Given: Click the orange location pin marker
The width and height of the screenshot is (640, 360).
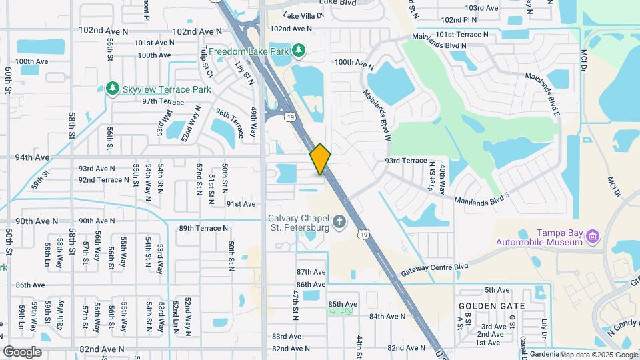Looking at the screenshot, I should (x=320, y=159).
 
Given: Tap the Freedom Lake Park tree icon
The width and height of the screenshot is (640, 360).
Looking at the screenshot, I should (x=300, y=51).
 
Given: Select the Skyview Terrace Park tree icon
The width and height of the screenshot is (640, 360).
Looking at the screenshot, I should (x=113, y=89).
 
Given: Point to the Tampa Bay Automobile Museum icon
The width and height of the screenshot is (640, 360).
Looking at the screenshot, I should (x=591, y=235).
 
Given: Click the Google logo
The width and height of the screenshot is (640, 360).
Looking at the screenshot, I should (x=21, y=352).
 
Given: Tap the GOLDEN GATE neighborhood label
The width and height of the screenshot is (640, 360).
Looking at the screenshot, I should (x=492, y=306).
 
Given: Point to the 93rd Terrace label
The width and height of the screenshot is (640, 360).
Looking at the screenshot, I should (x=405, y=161).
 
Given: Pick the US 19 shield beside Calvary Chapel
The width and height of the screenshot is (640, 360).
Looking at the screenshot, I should (x=361, y=233).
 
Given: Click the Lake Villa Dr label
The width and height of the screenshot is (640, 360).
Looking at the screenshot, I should (x=303, y=14).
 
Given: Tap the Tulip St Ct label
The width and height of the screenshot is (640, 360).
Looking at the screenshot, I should (x=207, y=61).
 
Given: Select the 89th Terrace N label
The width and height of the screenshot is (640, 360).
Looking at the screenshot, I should (x=204, y=228).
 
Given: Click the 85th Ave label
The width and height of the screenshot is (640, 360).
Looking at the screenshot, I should (x=343, y=304).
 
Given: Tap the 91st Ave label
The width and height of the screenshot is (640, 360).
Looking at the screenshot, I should (x=241, y=204).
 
